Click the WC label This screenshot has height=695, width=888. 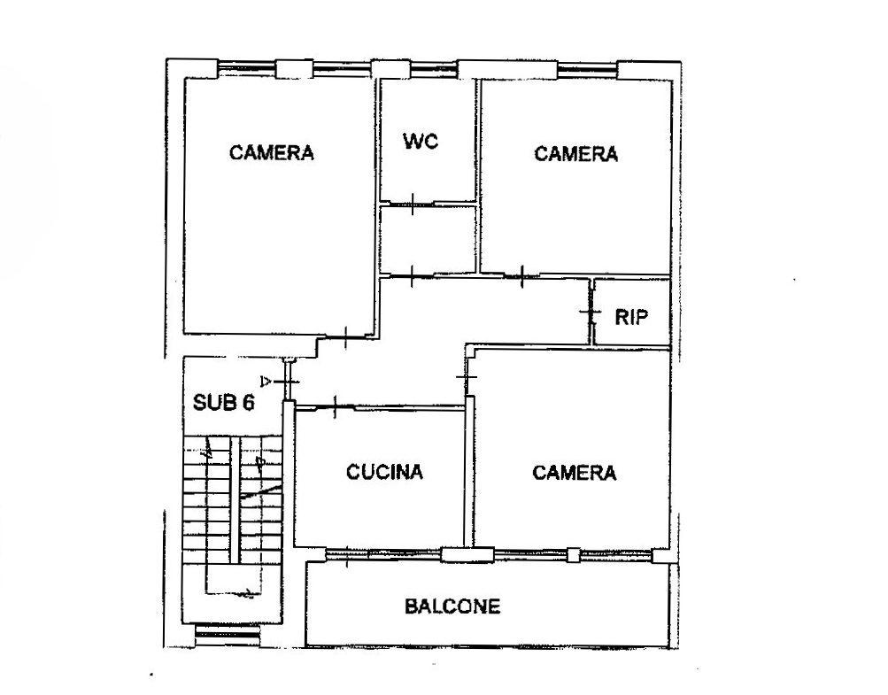pos(421,141)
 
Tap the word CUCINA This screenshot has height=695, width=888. pos(384,472)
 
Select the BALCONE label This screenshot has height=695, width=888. pos(452,606)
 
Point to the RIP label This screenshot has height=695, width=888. pos(631,317)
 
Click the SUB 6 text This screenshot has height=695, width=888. pos(224,402)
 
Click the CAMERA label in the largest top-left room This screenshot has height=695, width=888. pos(271,152)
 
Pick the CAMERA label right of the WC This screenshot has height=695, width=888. pos(576,153)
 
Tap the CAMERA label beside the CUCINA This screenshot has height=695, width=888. pos(575,473)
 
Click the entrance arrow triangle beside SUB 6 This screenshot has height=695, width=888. pos(265,380)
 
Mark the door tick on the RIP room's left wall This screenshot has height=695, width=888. pos(590,313)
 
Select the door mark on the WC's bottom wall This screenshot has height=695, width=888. pos(413,204)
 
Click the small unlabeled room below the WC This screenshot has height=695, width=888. pos(428,239)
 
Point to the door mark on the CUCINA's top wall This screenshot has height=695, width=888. pos(336,406)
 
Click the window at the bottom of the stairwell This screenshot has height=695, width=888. pos(228,636)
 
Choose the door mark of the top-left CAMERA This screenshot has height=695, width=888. pos(346,337)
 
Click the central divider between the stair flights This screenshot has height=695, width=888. pos(235,499)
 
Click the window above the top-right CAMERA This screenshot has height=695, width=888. pos(587,69)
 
